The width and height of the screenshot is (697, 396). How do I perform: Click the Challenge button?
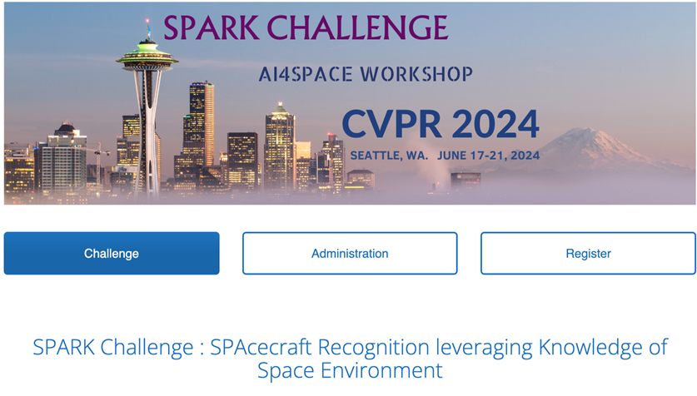[112, 253]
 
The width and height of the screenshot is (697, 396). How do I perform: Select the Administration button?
[350, 253]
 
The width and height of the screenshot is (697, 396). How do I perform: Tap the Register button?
[588, 253]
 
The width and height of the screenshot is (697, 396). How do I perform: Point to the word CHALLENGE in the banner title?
[358, 28]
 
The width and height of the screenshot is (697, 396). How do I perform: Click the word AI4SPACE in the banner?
[306, 74]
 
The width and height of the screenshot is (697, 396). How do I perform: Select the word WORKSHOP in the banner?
[416, 74]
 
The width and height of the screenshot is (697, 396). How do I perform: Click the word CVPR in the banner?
[391, 124]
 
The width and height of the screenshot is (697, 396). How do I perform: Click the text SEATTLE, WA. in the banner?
[389, 156]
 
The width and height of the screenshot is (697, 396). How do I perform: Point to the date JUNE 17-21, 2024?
[489, 156]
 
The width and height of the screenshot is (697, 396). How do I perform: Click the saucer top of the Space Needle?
[147, 57]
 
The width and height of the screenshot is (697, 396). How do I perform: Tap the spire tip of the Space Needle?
[147, 21]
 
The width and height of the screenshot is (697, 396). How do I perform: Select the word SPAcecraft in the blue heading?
[261, 347]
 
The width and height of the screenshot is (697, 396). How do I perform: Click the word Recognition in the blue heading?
[374, 348]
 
